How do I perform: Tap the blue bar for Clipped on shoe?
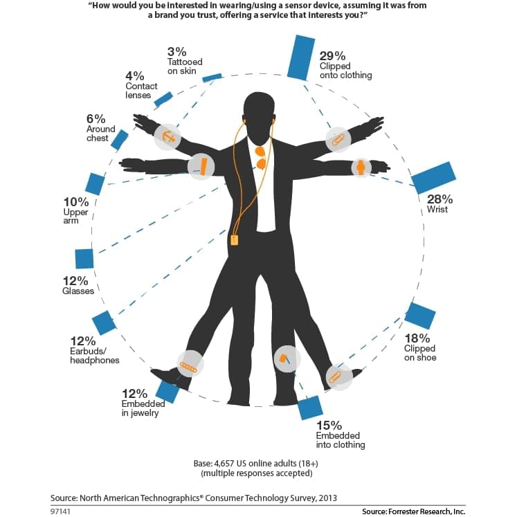[x=420, y=316]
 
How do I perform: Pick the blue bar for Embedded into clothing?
[x=311, y=408]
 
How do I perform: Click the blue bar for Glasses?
[x=84, y=258]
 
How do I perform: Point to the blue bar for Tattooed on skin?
[x=212, y=78]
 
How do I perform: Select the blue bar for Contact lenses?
[x=163, y=99]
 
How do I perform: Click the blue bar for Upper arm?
[x=95, y=184]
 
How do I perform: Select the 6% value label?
[x=96, y=118]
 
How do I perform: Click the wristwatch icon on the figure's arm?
[x=360, y=168]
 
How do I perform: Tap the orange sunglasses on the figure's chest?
[x=261, y=157]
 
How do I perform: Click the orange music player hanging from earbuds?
[x=235, y=239]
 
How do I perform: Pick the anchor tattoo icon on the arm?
[x=168, y=136]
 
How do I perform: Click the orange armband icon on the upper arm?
[x=203, y=167]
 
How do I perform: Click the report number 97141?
[x=61, y=511]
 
